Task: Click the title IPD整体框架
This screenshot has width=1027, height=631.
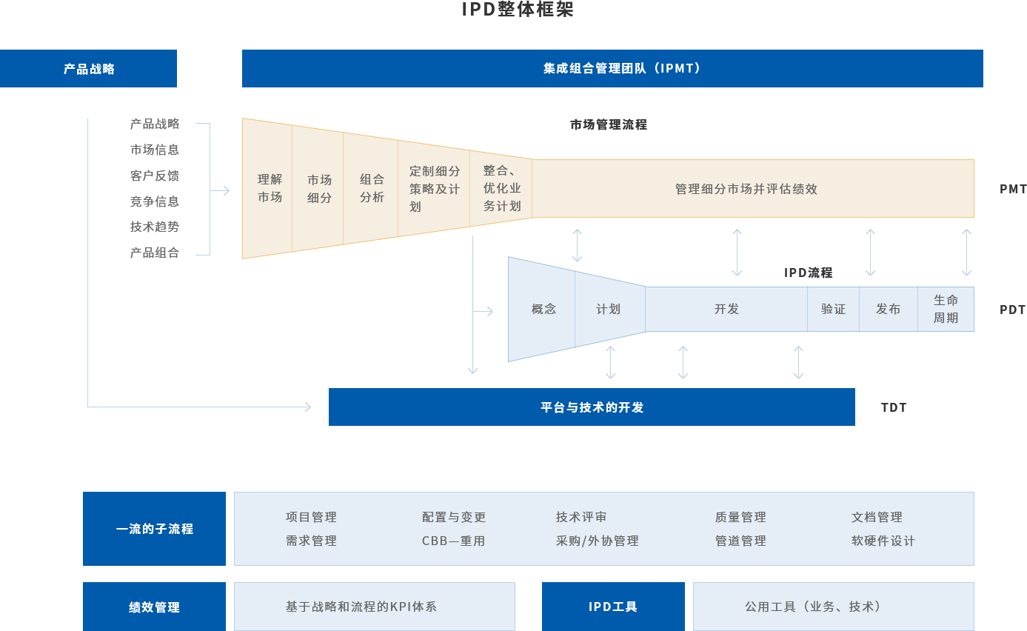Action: [518, 10]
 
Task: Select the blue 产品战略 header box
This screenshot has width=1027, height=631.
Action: [89, 69]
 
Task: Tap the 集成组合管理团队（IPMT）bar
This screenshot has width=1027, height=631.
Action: [612, 69]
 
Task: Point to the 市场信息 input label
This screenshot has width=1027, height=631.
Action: [155, 150]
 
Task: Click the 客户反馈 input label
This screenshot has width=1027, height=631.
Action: [155, 176]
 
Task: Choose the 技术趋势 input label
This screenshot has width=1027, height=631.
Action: [155, 227]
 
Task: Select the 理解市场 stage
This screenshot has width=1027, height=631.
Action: [270, 188]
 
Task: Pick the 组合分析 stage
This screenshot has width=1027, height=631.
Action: [372, 188]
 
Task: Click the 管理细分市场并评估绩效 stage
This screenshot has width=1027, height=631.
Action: [746, 189]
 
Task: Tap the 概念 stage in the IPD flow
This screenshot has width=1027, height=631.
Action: [543, 309]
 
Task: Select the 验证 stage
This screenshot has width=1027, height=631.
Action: [833, 309]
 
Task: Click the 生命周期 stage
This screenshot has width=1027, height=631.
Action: [946, 309]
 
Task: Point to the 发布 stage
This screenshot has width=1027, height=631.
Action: [888, 309]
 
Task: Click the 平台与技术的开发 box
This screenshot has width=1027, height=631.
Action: [591, 407]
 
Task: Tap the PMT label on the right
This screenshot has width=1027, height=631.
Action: [1013, 189]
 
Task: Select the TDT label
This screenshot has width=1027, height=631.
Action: [893, 407]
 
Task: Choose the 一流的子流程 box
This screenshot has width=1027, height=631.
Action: [154, 529]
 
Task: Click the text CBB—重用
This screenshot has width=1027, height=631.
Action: [453, 541]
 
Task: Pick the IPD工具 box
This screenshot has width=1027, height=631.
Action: [612, 607]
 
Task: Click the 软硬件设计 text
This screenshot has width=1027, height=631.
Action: [883, 541]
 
